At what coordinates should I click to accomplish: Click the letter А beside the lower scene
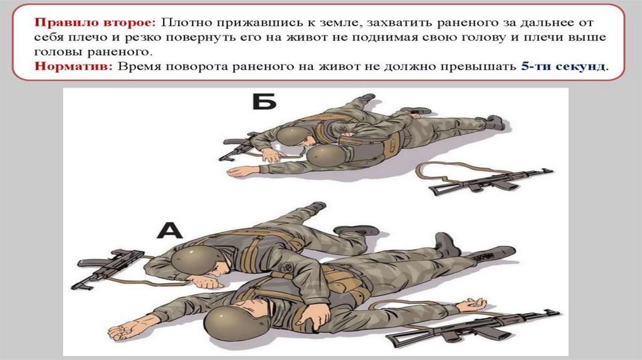coord(170,230)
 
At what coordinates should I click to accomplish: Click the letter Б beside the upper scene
coord(264,102)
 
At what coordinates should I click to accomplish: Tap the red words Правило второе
coord(95,22)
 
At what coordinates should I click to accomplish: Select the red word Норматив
coord(73,66)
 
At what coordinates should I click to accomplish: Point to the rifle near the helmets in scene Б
coord(239,146)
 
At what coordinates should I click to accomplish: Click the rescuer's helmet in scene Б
coord(292,135)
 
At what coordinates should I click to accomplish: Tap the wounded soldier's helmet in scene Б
coord(325,156)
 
